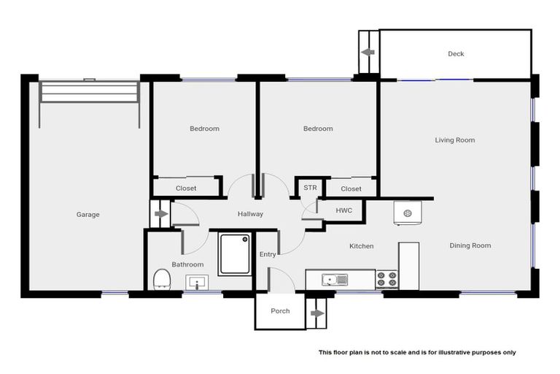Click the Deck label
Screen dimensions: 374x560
coord(456,53)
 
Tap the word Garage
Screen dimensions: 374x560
coord(87,214)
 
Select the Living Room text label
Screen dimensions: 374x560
coord(455,140)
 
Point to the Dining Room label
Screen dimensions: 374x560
coord(470,245)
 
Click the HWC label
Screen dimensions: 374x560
coord(343,210)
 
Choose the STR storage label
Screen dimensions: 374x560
coord(310,188)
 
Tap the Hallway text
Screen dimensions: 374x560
coord(250,213)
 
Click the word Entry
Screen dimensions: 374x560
coord(268,253)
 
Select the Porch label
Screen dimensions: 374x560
coord(280,310)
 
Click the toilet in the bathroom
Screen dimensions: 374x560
coord(162,279)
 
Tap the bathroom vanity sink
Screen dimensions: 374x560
coord(197,281)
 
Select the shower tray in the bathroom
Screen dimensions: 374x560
coord(235,253)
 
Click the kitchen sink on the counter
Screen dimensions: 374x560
coord(336,278)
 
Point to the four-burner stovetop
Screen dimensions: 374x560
coord(387,279)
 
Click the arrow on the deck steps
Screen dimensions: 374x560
coord(368,53)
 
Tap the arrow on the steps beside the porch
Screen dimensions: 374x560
coord(317,313)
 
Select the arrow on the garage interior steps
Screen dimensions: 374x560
coord(160,214)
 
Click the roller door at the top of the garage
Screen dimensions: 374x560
coord(89,93)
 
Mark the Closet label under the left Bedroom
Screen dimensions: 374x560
coord(186,188)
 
